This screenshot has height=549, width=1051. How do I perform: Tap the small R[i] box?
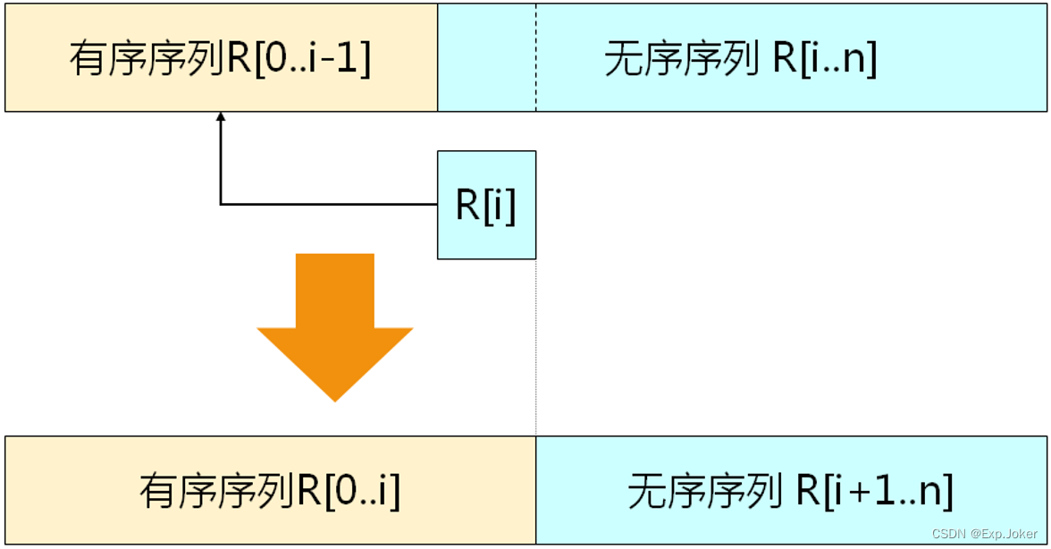coord(486,205)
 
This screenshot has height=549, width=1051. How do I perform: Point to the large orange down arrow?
coord(335,322)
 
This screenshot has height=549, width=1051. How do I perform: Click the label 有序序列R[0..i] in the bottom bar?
coord(269,491)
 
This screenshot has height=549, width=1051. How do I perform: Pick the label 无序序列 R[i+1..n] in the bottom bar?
coord(790,491)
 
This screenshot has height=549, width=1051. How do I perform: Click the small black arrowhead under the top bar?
coord(221,117)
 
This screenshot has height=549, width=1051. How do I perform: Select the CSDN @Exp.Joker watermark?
coord(985,534)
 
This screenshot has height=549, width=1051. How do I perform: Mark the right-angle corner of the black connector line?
coord(221,205)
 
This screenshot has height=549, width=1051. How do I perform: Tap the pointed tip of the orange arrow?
coord(335,398)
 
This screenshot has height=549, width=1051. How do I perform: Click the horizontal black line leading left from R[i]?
coord(331,205)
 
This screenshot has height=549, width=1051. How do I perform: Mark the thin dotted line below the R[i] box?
coord(536,349)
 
